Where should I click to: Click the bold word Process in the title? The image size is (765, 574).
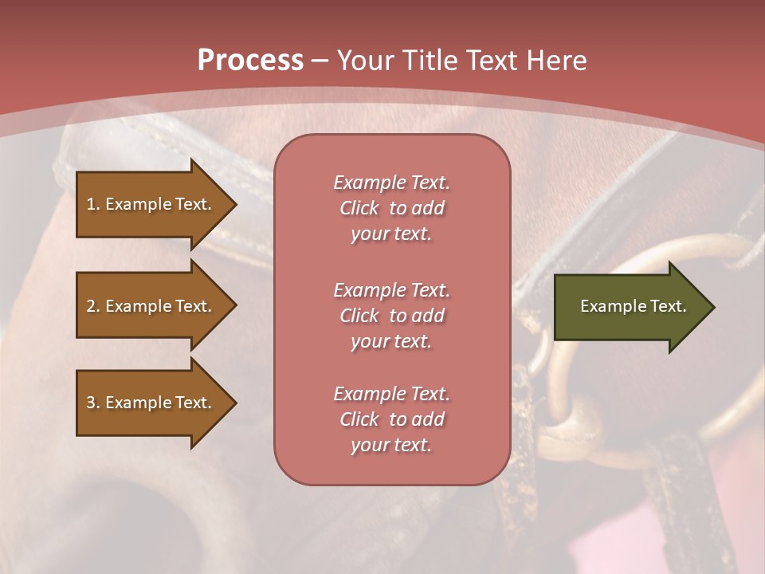click(x=250, y=60)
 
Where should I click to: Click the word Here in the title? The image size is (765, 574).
click(x=556, y=60)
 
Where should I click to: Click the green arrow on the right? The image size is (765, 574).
click(x=630, y=307)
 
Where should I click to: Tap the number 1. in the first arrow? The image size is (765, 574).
click(x=93, y=204)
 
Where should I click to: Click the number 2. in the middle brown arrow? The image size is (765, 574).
click(x=93, y=306)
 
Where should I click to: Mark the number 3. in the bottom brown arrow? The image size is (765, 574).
click(x=93, y=403)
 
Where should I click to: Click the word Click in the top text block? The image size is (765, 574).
click(x=359, y=208)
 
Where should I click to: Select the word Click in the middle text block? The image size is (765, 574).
click(x=359, y=316)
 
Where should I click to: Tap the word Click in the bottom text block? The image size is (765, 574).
click(x=359, y=419)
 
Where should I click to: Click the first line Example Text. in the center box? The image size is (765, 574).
click(x=391, y=183)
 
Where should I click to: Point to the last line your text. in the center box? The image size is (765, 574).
click(x=391, y=445)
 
